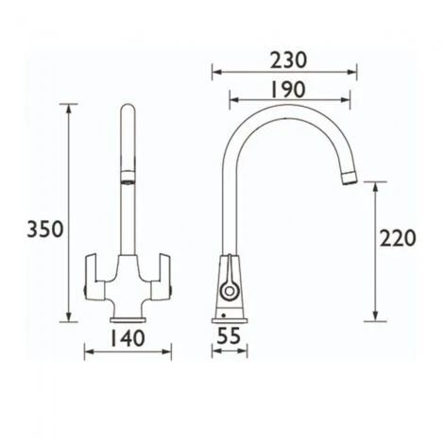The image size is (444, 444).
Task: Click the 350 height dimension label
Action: pyautogui.click(x=44, y=229)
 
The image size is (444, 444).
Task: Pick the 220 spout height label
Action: pyautogui.click(x=397, y=239)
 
